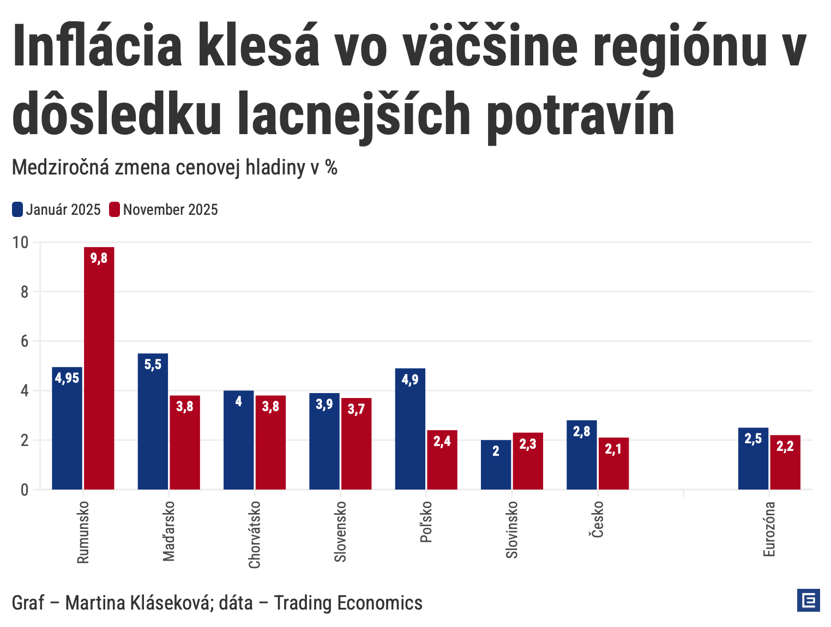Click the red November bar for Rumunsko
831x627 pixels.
tap(99, 371)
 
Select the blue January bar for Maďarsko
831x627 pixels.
tap(153, 425)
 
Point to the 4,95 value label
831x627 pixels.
tap(67, 378)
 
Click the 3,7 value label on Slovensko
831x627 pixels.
tap(356, 409)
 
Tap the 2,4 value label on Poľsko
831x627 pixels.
tap(442, 441)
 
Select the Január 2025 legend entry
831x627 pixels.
tap(57, 210)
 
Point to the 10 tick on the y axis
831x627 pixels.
tap(21, 242)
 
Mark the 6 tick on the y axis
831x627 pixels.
tap(25, 341)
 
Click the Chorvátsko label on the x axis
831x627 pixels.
tap(255, 534)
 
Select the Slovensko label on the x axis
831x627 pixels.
tap(340, 532)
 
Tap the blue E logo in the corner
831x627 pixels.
tap(808, 600)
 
